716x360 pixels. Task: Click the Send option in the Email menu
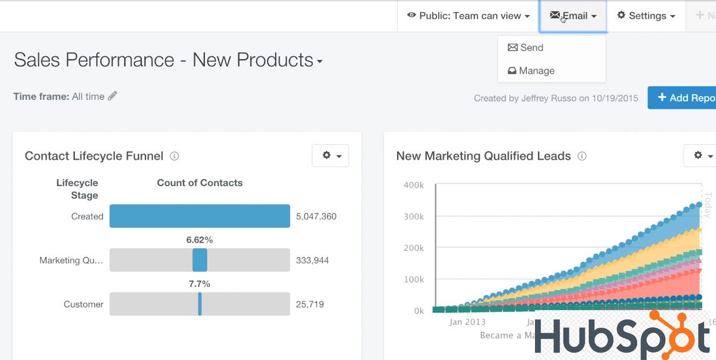(526, 47)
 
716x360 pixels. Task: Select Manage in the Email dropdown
(531, 71)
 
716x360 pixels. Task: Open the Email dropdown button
(573, 16)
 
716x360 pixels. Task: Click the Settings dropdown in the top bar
(646, 16)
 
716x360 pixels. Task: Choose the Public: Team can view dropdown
(468, 16)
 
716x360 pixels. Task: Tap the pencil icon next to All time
(112, 96)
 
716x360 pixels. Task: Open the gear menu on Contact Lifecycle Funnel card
(331, 155)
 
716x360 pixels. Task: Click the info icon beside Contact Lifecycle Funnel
(175, 156)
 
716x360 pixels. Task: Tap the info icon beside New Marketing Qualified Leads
(582, 156)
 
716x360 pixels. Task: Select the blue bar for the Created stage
(200, 216)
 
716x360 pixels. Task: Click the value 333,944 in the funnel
(312, 260)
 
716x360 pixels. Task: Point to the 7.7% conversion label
(199, 284)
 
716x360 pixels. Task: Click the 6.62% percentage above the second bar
(199, 240)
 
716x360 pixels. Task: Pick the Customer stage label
(84, 304)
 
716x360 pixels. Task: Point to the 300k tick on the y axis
(414, 216)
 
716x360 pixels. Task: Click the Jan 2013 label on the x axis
(468, 322)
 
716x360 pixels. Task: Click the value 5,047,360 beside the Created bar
(316, 216)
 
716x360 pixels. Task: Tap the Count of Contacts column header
(200, 183)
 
